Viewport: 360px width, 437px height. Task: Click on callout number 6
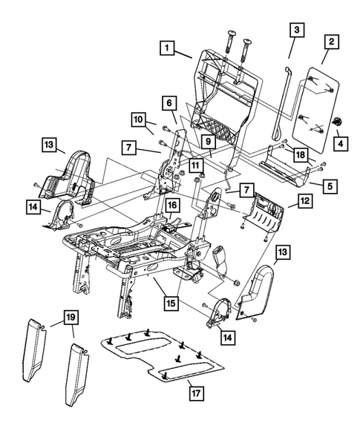pyautogui.click(x=168, y=102)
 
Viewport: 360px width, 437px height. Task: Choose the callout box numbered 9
pyautogui.click(x=209, y=140)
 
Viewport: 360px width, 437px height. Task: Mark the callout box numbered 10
pyautogui.click(x=138, y=119)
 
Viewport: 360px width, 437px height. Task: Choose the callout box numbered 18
pyautogui.click(x=300, y=154)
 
